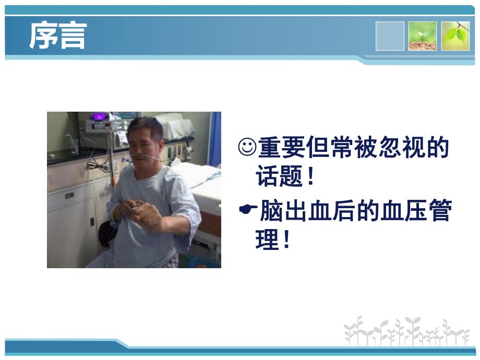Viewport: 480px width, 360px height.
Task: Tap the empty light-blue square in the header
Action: [390, 36]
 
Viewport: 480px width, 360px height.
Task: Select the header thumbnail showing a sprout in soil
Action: [423, 36]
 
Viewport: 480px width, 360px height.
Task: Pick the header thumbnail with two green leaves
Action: [455, 36]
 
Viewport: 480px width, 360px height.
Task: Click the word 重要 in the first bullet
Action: [277, 148]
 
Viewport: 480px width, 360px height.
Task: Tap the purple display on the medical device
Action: [99, 117]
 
